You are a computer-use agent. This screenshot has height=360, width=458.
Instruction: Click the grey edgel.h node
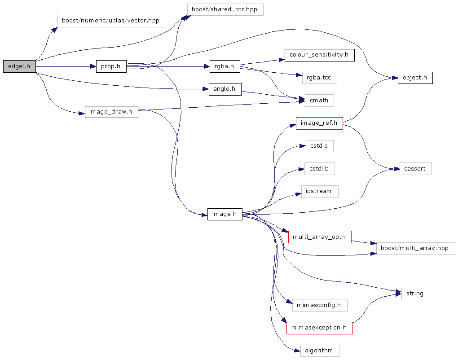[x=19, y=66]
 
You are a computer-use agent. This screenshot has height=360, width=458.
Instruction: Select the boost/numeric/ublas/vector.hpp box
[x=110, y=21]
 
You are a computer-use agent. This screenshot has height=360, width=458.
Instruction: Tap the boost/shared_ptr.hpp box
[x=225, y=9]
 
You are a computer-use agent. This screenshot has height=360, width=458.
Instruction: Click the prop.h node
[x=111, y=66]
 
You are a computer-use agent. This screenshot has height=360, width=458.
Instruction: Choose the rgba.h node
[x=225, y=66]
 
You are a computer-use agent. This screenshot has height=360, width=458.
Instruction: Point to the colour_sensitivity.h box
[x=319, y=55]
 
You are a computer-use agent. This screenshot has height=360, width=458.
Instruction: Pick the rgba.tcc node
[x=319, y=78]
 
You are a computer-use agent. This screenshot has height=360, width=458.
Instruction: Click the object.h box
[x=415, y=78]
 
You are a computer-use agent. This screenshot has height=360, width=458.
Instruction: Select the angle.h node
[x=225, y=89]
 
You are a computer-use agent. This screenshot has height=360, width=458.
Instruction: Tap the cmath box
[x=319, y=100]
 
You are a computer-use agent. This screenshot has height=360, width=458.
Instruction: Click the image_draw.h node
[x=111, y=112]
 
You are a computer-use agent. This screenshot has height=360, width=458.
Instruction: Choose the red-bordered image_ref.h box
[x=319, y=123]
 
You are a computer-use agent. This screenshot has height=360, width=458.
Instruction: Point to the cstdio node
[x=319, y=146]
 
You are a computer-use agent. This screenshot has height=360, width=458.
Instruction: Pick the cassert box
[x=415, y=169]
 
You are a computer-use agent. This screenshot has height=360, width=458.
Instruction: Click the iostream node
[x=319, y=191]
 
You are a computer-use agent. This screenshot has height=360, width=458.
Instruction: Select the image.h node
[x=225, y=214]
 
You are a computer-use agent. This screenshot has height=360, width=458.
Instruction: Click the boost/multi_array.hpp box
[x=415, y=248]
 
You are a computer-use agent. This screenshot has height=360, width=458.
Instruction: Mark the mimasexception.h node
[x=319, y=328]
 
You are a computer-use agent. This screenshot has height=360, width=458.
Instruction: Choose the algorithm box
[x=319, y=351]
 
